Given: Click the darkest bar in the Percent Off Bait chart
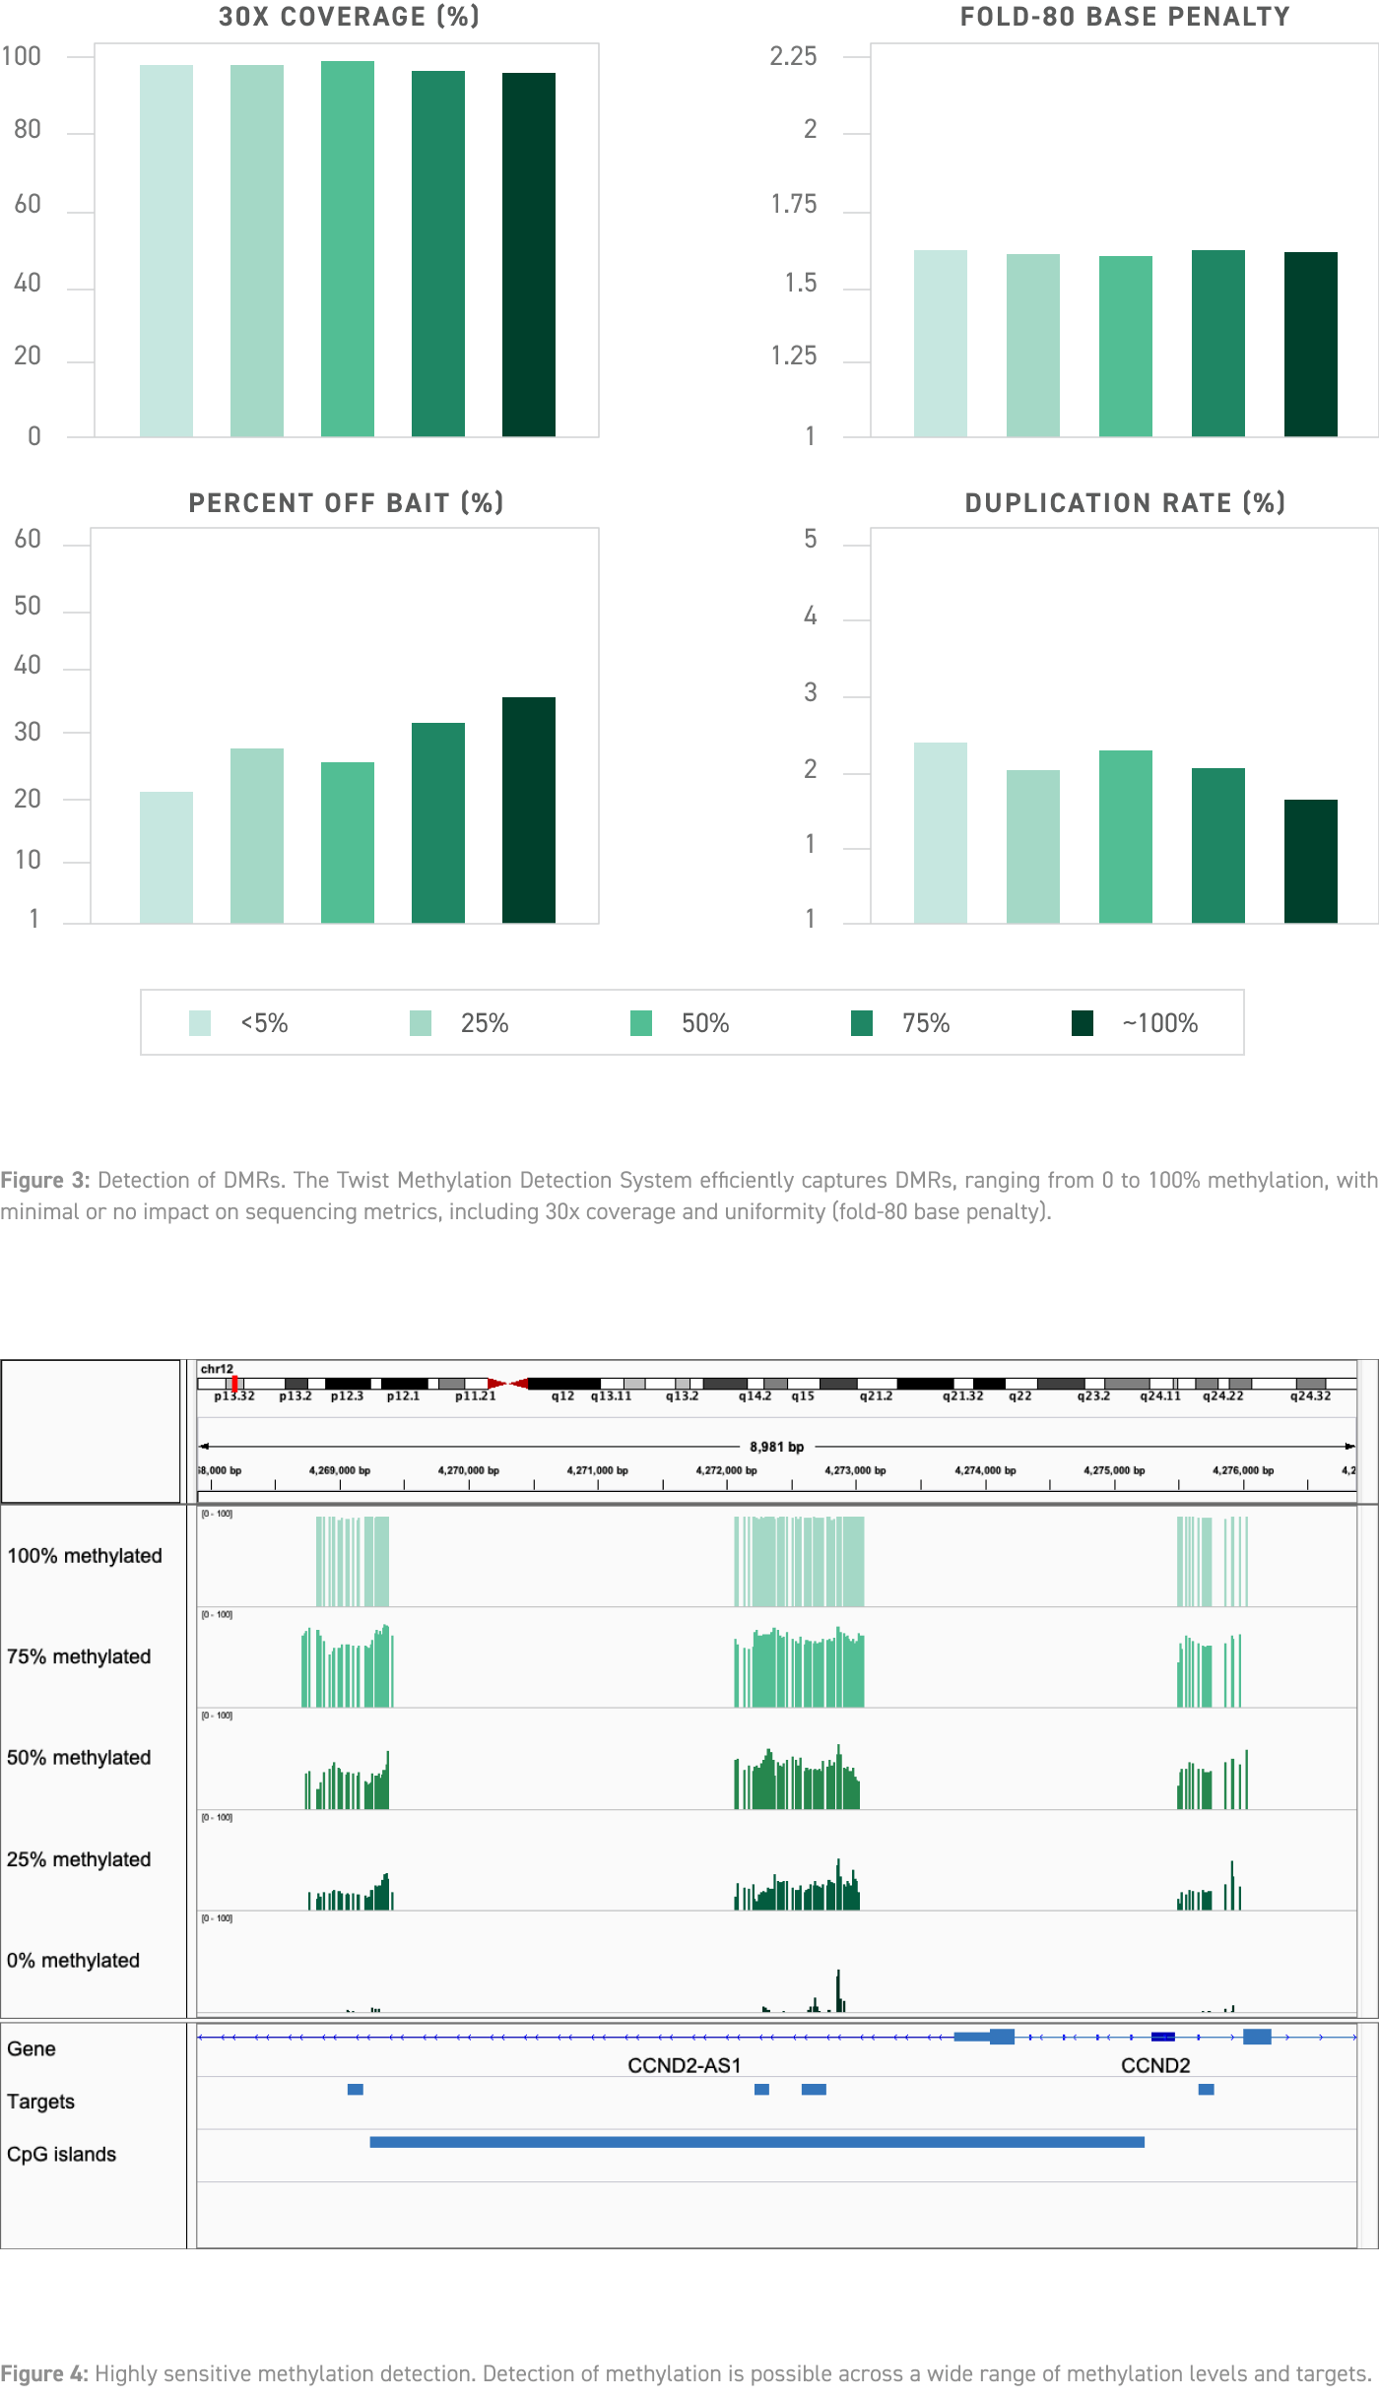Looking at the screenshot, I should pyautogui.click(x=529, y=810).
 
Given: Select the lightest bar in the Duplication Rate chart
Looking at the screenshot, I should pyautogui.click(x=940, y=832).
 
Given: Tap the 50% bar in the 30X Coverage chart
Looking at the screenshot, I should pyautogui.click(x=348, y=248).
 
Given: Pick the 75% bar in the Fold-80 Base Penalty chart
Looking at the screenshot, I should pyautogui.click(x=1217, y=343).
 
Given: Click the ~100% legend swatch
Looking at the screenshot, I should pyautogui.click(x=1083, y=1023).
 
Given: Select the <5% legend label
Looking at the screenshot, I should pyautogui.click(x=264, y=1023).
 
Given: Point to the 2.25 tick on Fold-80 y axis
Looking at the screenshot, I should pyautogui.click(x=793, y=56).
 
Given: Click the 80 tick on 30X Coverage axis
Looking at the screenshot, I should pyautogui.click(x=28, y=130).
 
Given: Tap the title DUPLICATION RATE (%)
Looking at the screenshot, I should pyautogui.click(x=1125, y=503).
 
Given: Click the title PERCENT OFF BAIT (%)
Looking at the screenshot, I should pyautogui.click(x=346, y=503).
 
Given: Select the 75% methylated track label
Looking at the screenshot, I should pyautogui.click(x=79, y=1656).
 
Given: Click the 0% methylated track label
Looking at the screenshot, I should pyautogui.click(x=73, y=1960).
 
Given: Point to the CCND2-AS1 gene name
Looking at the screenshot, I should pyautogui.click(x=684, y=2065).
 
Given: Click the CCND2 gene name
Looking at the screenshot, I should pyautogui.click(x=1155, y=2065).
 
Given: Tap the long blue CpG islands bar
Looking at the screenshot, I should pyautogui.click(x=756, y=2142).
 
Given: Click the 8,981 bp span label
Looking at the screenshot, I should pyautogui.click(x=776, y=1447).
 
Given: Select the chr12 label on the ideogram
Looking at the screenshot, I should pyautogui.click(x=217, y=1369).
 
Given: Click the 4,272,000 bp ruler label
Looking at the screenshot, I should pyautogui.click(x=726, y=1470).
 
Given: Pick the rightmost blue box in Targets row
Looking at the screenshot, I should pyautogui.click(x=1206, y=2090).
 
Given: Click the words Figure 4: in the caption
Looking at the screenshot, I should pyautogui.click(x=44, y=2373).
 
